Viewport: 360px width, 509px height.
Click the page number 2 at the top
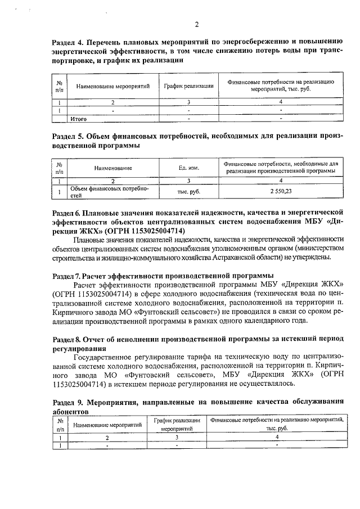(197, 24)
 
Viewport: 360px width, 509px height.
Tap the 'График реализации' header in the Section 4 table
(188, 86)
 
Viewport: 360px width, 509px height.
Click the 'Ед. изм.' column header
(189, 168)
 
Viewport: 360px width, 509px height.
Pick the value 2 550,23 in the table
(281, 192)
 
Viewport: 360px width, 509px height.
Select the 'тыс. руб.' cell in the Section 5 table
(189, 192)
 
